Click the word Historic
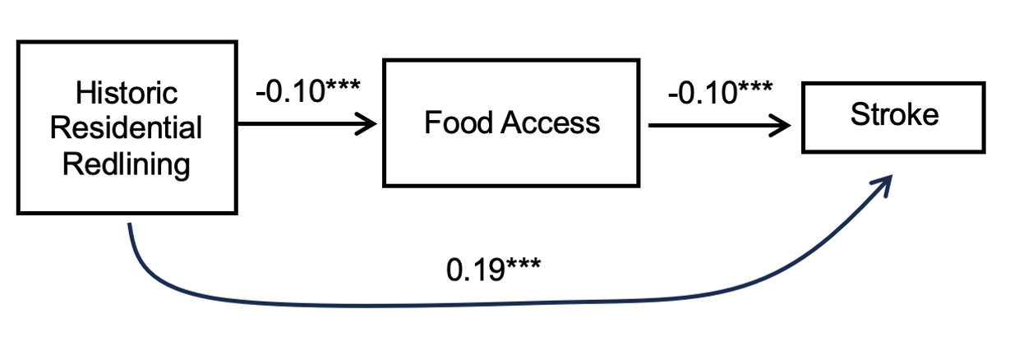tap(127, 94)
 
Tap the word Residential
tap(127, 129)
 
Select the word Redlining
tap(127, 164)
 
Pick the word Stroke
tap(894, 114)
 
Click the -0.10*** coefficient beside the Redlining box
tap(307, 90)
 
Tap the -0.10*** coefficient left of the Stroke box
tap(720, 93)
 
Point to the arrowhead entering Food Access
tap(367, 125)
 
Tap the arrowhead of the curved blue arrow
tap(886, 182)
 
